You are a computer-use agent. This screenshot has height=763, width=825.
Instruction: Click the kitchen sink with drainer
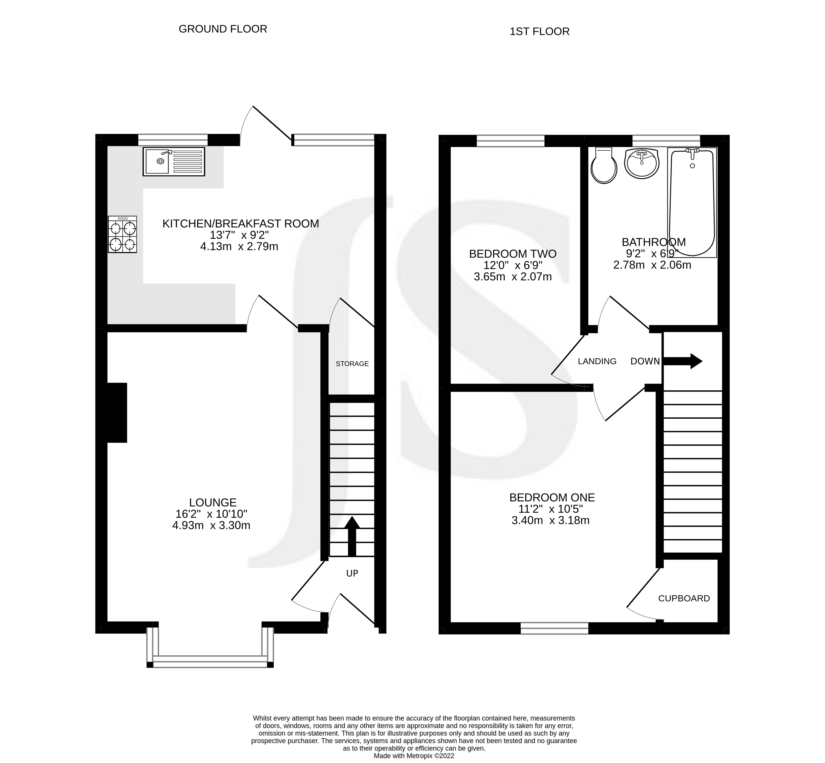click(x=174, y=161)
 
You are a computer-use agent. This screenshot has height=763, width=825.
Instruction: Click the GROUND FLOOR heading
click(x=223, y=29)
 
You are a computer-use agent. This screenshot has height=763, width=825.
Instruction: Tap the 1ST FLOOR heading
click(x=539, y=31)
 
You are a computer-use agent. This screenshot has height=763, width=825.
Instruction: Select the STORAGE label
click(x=352, y=364)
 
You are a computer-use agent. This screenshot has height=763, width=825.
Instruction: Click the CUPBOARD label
click(x=684, y=598)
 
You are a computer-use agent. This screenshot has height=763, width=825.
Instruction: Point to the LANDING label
click(x=597, y=361)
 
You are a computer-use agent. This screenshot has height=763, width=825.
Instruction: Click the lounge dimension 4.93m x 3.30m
click(x=211, y=526)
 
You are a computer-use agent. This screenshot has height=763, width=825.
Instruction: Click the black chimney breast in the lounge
click(x=117, y=412)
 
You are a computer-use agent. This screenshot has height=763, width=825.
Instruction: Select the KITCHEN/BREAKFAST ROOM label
click(x=241, y=224)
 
